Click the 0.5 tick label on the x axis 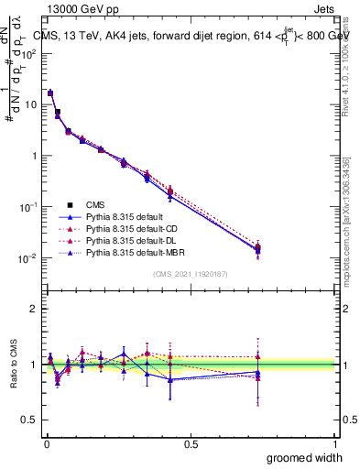[191, 443]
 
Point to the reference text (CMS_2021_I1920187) [191, 274]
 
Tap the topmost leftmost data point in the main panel [50, 93]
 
